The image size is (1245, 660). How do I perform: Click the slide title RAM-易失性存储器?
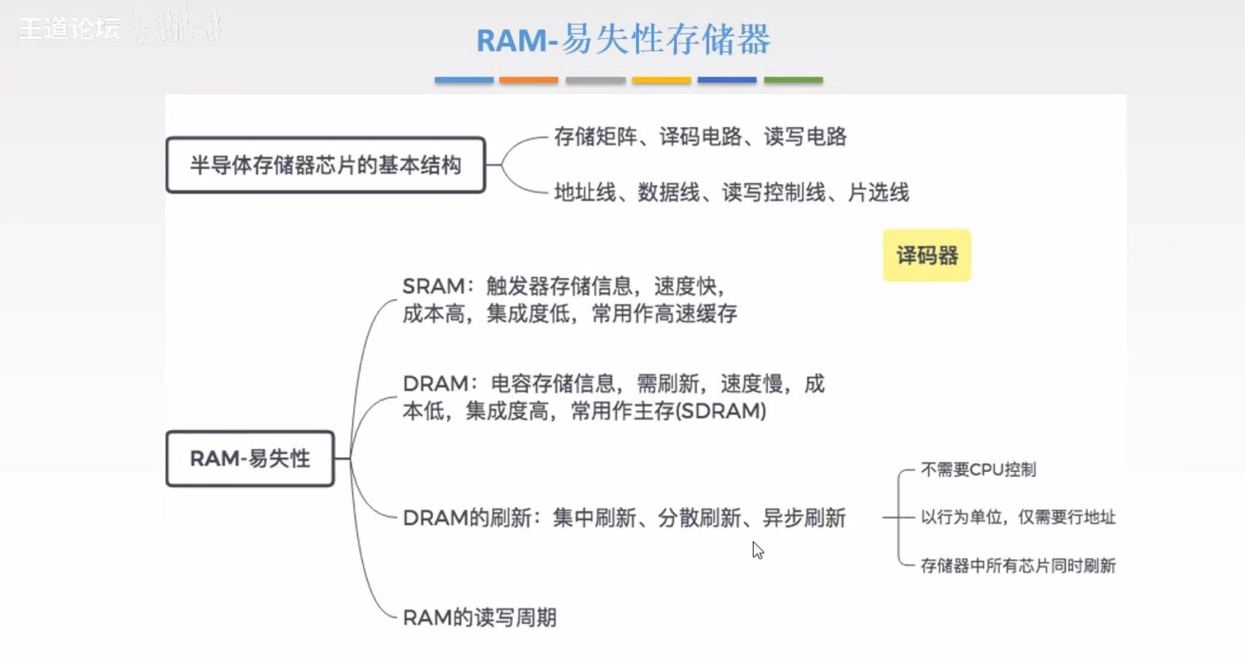pos(623,40)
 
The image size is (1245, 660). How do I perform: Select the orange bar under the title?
pos(529,80)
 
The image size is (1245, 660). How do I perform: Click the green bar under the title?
pos(793,80)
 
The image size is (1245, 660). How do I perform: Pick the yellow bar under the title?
pos(661,80)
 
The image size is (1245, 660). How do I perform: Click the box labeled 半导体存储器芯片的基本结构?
pos(326,165)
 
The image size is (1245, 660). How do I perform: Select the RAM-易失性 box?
pos(250,459)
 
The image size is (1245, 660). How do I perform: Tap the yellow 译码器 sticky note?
pos(927,255)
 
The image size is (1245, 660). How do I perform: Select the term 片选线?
pos(878,192)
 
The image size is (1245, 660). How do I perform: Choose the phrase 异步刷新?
pos(804,518)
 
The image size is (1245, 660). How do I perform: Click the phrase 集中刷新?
pos(594,518)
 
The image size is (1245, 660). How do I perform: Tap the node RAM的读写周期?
pos(480,618)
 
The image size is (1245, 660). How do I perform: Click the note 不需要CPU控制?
pos(978,470)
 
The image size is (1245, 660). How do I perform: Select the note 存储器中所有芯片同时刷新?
pos(1017,566)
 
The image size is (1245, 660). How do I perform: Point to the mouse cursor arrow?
pos(757,549)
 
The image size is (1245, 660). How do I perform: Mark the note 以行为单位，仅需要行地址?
pos(1017,517)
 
